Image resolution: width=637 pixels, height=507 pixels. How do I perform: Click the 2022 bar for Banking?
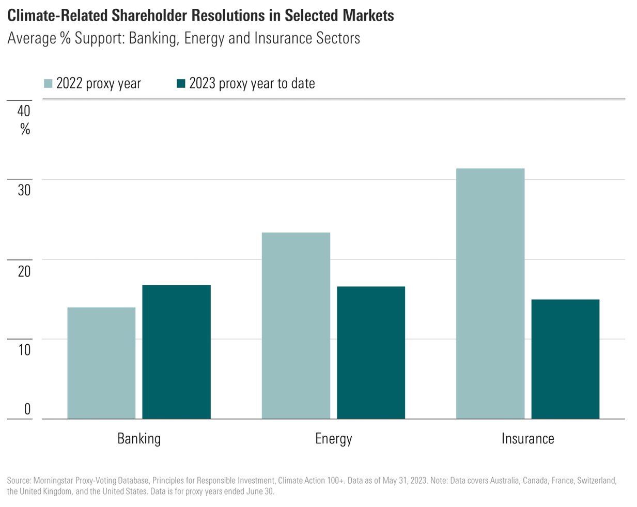point(101,363)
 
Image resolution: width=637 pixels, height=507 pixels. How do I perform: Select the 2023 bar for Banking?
point(176,351)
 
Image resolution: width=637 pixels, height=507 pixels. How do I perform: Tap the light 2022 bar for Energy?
point(296,326)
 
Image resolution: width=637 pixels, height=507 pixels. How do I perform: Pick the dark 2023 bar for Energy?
point(371,352)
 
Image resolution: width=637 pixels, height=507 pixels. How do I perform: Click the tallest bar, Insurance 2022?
point(490,293)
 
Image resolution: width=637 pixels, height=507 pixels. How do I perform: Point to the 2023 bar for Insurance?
point(565,359)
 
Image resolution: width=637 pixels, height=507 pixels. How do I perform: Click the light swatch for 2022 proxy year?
point(49,84)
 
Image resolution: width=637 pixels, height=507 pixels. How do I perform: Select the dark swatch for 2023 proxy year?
point(181,84)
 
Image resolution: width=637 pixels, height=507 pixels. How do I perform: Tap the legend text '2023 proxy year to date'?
point(252,84)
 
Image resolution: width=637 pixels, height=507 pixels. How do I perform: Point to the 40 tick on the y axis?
point(24,111)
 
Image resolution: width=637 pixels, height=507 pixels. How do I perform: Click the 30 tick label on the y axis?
point(24,190)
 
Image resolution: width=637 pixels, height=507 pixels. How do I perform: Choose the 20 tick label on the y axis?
point(24,271)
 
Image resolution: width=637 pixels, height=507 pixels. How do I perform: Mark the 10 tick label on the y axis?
point(24,350)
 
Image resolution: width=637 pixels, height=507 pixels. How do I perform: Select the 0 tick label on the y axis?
point(27,409)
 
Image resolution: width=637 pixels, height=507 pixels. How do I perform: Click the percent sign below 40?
point(25,129)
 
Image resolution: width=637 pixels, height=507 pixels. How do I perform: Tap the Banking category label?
point(139,439)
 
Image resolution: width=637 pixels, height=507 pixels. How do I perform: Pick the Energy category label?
point(333,439)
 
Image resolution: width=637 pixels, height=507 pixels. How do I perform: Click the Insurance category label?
point(527,439)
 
